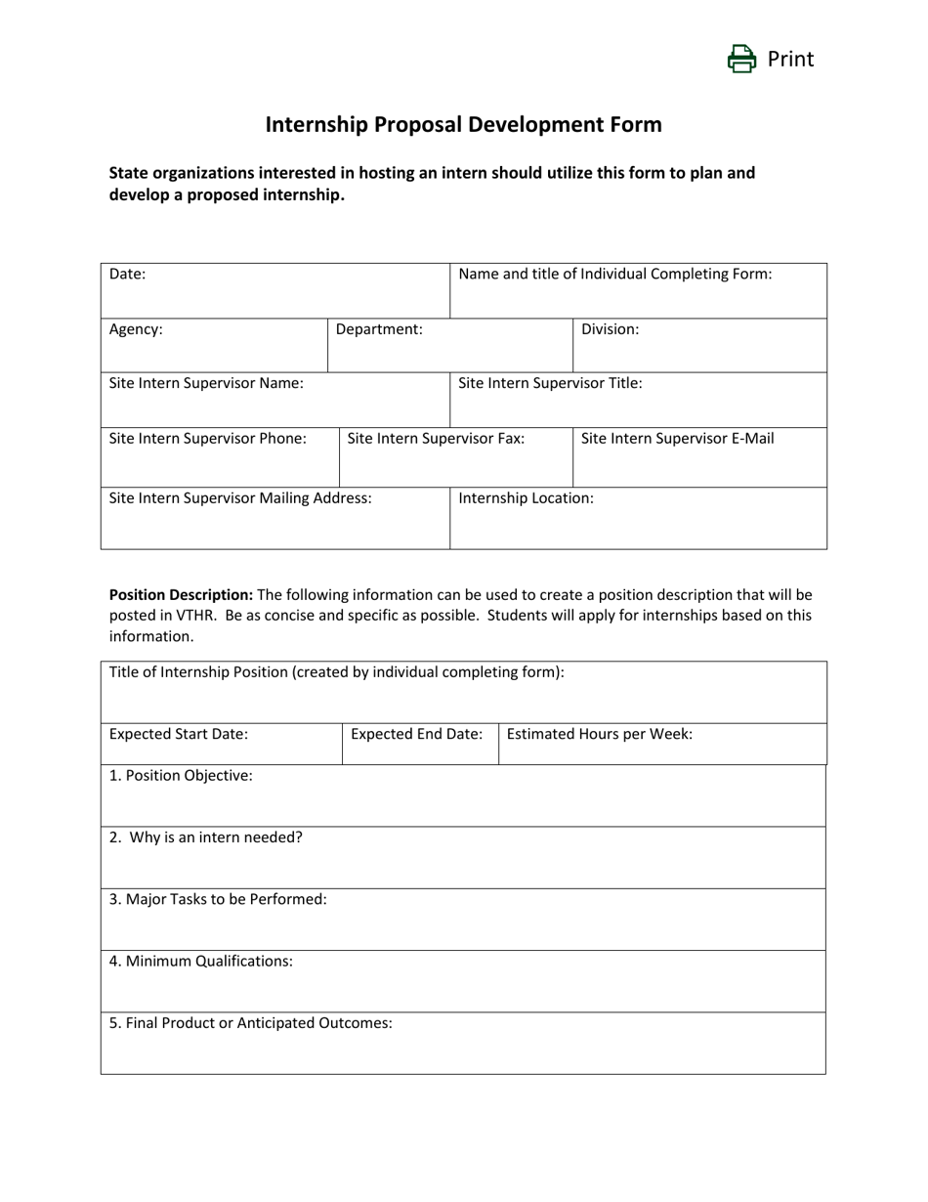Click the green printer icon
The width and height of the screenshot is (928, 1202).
pyautogui.click(x=741, y=60)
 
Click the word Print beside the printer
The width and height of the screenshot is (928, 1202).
pyautogui.click(x=790, y=60)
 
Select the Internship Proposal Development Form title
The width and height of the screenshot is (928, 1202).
pyautogui.click(x=464, y=125)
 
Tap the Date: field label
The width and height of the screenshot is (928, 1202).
pyautogui.click(x=128, y=275)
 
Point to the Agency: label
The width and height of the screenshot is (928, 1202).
pyautogui.click(x=136, y=329)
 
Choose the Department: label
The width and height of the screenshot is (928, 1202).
pyautogui.click(x=379, y=329)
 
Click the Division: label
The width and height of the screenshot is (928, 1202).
pyautogui.click(x=610, y=329)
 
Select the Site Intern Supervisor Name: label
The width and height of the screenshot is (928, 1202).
pyautogui.click(x=206, y=383)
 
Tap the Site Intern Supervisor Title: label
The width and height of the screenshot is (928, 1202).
pyautogui.click(x=550, y=383)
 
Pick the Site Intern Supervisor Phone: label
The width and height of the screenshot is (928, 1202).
pyautogui.click(x=208, y=439)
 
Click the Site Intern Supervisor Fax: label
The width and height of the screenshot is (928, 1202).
pyautogui.click(x=436, y=439)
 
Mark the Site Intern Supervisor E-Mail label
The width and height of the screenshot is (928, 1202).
pyautogui.click(x=677, y=439)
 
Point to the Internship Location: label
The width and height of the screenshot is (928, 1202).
pyautogui.click(x=526, y=498)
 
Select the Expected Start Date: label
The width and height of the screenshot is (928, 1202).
pyautogui.click(x=179, y=734)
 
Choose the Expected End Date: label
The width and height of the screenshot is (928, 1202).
pyautogui.click(x=417, y=734)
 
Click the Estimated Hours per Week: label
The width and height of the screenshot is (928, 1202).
pyautogui.click(x=600, y=734)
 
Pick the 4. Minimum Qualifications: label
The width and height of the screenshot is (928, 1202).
pyautogui.click(x=201, y=962)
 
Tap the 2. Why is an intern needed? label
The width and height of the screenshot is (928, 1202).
pyautogui.click(x=206, y=837)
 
